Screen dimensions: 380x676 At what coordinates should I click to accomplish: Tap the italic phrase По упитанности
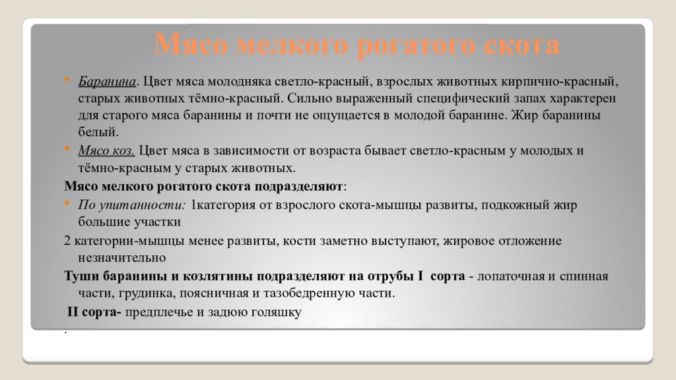pos(131,205)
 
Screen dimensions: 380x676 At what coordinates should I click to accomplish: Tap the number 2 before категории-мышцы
pos(67,241)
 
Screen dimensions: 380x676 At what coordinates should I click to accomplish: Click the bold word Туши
pos(80,276)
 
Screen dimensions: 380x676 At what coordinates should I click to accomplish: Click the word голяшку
pos(277,313)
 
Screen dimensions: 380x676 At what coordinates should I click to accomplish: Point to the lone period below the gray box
pos(67,331)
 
